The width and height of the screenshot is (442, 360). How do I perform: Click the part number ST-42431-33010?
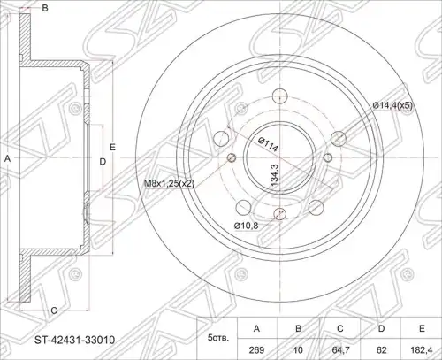coord(74,340)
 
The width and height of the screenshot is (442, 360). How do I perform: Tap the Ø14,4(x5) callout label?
coord(392,105)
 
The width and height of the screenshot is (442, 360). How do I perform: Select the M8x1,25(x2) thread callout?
coord(169,184)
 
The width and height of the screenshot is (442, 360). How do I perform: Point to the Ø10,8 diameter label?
coord(246,226)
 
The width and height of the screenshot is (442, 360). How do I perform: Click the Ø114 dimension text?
coord(268,144)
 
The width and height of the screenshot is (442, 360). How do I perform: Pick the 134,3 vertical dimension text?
coord(274,175)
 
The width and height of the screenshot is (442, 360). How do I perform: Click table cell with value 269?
coord(256,350)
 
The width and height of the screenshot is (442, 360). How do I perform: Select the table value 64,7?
coord(340,350)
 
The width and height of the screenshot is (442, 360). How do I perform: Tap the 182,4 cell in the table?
coord(422,350)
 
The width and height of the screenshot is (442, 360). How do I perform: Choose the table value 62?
coord(381,350)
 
